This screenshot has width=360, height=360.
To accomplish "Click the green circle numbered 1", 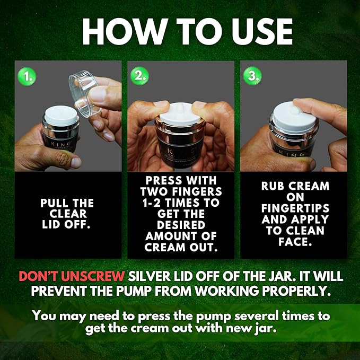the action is pyautogui.click(x=27, y=76).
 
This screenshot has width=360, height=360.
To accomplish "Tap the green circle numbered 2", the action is pyautogui.click(x=139, y=76).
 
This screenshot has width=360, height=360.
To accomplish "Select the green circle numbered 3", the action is pyautogui.click(x=252, y=75).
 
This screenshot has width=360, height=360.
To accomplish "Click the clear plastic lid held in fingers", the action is pyautogui.click(x=84, y=94).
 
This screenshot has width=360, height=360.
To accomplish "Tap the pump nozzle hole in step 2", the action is pyautogui.click(x=180, y=107).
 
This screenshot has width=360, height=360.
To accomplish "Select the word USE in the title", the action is pyautogui.click(x=262, y=32).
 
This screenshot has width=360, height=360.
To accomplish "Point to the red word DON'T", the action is pyautogui.click(x=39, y=276).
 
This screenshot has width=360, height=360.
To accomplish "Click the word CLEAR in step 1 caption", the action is pyautogui.click(x=68, y=214).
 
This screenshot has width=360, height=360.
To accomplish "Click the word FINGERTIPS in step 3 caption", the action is pyautogui.click(x=295, y=208).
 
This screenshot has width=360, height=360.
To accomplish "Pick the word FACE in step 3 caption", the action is pyautogui.click(x=293, y=242).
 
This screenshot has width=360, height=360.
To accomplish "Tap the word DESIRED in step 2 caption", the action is pyautogui.click(x=181, y=225).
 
